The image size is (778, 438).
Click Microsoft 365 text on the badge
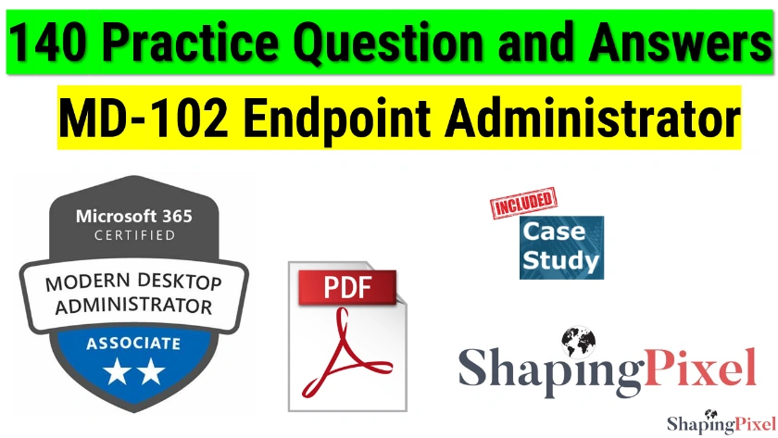pyautogui.click(x=134, y=217)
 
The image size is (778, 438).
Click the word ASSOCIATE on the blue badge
pyautogui.click(x=134, y=344)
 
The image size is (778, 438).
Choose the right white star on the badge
pyautogui.click(x=151, y=373)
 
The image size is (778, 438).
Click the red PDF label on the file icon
pyautogui.click(x=345, y=287)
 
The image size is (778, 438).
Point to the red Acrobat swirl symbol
pyautogui.click(x=345, y=357)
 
